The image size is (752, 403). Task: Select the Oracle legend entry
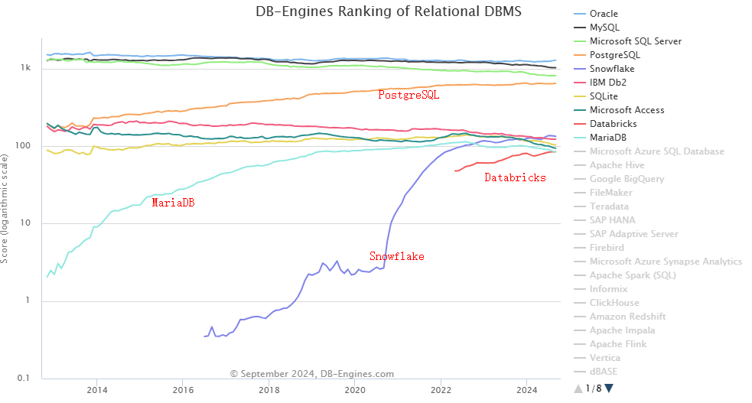604,14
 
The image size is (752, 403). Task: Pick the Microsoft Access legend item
627,110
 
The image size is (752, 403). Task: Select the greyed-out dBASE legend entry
604,372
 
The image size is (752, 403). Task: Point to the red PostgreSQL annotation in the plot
409,95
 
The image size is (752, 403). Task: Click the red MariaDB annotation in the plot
173,203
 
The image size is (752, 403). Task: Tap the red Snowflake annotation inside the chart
396,256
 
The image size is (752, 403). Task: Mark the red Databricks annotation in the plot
515,177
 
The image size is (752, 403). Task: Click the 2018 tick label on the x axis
269,390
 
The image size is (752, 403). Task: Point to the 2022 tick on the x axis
441,390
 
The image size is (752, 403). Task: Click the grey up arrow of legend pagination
578,388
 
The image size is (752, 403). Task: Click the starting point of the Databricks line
455,171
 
